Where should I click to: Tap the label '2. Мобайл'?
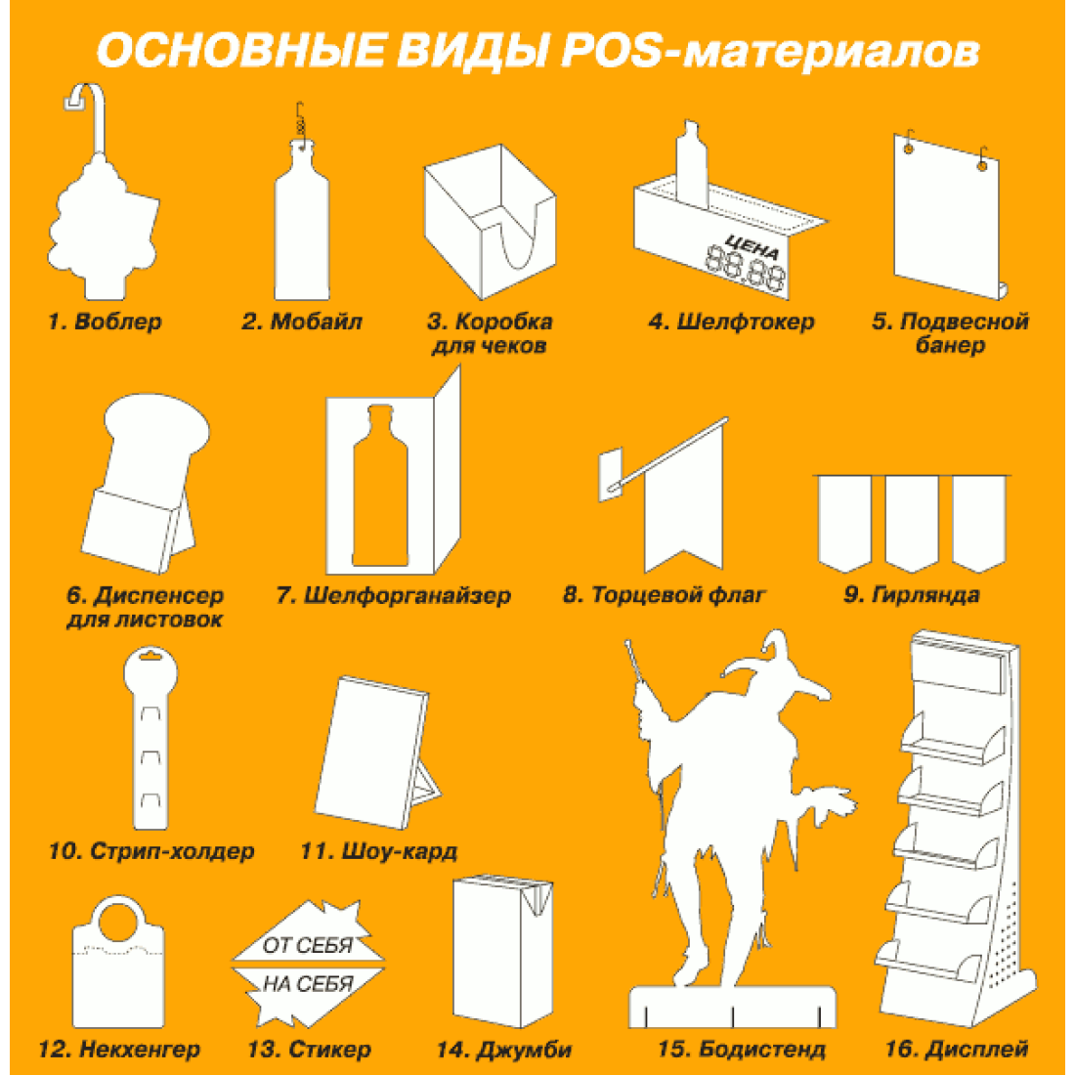[302, 322]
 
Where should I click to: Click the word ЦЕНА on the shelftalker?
[752, 244]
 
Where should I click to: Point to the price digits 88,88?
[746, 270]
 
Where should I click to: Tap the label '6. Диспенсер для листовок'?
[145, 607]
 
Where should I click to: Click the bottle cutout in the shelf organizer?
[380, 486]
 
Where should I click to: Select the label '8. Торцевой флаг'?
[664, 594]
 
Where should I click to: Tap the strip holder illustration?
[150, 737]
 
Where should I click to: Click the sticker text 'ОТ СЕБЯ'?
[307, 945]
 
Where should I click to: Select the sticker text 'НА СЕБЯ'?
[308, 984]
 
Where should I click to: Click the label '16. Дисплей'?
[957, 1049]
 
